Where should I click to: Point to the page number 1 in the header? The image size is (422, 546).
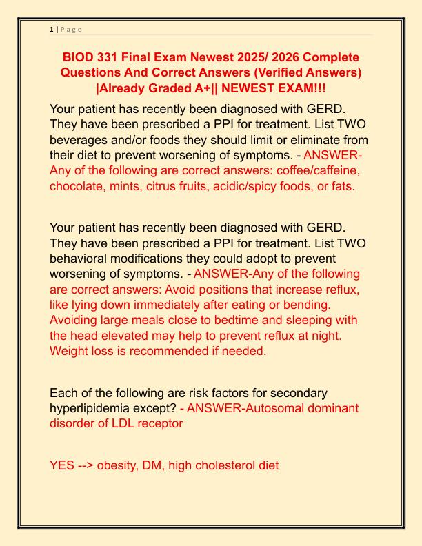click(52, 29)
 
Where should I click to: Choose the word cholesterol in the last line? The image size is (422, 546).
click(229, 465)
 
